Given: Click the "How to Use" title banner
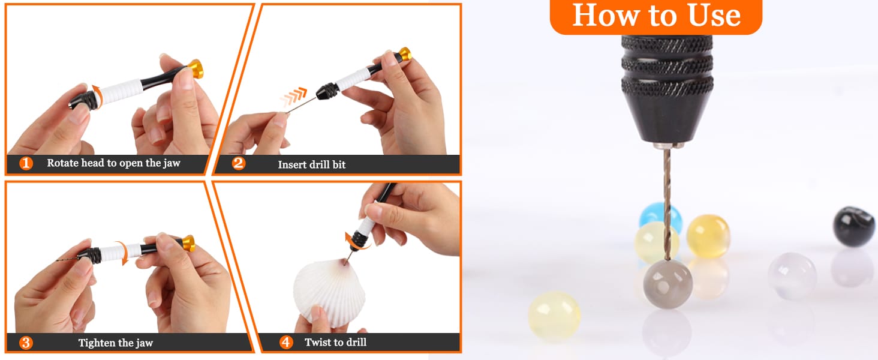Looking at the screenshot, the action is [x=656, y=16].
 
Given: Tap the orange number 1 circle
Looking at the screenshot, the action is [x=26, y=163].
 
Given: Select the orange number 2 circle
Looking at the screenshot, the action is [x=238, y=164].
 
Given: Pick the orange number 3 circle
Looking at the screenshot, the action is [x=26, y=343].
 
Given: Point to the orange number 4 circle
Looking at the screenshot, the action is [x=286, y=343].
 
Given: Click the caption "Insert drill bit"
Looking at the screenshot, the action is [x=312, y=165].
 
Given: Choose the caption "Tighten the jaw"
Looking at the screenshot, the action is [x=116, y=343].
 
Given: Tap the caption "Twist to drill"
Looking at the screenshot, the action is [x=335, y=343].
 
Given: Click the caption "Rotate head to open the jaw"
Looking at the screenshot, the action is [x=114, y=163].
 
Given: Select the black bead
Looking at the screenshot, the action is [x=853, y=227].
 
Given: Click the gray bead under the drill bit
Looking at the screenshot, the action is [x=667, y=284].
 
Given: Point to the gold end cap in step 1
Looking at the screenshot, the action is [x=196, y=69].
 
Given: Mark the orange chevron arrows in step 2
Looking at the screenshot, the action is [x=294, y=97].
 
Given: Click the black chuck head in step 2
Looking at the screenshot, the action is [x=326, y=92].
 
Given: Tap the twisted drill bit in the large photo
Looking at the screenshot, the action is [x=667, y=204].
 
